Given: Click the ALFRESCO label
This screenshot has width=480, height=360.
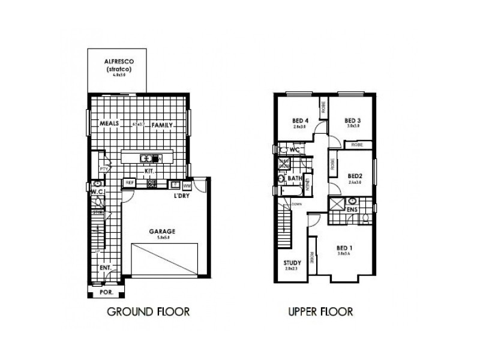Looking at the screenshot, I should pos(118,62).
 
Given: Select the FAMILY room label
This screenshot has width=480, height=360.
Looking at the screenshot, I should pos(162,125).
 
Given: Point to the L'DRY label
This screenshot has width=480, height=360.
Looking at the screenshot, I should pos(181,196).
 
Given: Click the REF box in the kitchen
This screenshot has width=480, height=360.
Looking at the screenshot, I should pos(130,182).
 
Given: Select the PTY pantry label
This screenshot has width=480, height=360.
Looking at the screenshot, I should pos(103,170).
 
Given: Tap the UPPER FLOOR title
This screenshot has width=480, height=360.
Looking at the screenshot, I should pos(320,311).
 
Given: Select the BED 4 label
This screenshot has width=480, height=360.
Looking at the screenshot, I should pos(299,119).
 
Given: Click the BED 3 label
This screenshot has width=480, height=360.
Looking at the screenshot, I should pos(352,119).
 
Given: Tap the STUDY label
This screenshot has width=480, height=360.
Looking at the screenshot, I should pos(292,262).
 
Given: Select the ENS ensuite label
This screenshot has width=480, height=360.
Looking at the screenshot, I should pos(352,210).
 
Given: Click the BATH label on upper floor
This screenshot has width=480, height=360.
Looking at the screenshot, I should pos(295,178).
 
